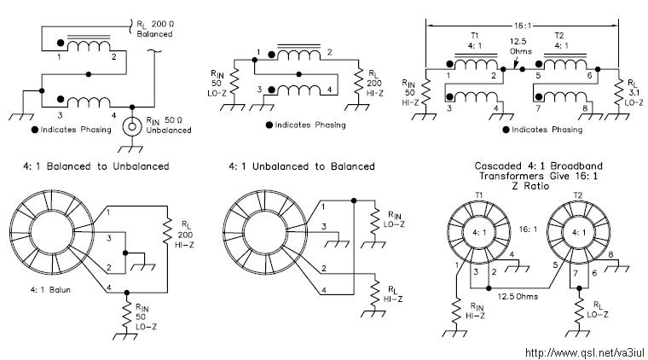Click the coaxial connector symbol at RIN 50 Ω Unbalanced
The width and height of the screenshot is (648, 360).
tap(132, 127)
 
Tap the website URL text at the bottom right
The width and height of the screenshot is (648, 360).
tap(584, 352)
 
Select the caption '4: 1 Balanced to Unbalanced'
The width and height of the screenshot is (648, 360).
tap(95, 166)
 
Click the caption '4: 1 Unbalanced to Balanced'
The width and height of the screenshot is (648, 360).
tap(302, 166)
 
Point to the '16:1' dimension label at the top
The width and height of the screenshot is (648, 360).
tap(523, 26)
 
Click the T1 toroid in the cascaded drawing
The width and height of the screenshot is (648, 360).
tap(479, 232)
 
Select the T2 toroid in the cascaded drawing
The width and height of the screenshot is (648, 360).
tap(578, 232)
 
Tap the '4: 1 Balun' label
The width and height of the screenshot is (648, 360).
tap(50, 290)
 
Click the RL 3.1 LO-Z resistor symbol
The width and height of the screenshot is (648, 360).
tap(618, 94)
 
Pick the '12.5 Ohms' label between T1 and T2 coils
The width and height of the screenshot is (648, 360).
tap(520, 46)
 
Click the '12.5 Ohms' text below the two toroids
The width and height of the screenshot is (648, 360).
tap(518, 296)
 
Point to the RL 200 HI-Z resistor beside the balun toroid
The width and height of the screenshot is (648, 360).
tap(167, 232)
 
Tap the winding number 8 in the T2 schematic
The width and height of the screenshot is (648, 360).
tap(585, 108)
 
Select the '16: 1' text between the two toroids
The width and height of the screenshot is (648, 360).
tap(528, 229)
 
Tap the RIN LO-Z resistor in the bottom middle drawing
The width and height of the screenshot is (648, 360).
tap(374, 221)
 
